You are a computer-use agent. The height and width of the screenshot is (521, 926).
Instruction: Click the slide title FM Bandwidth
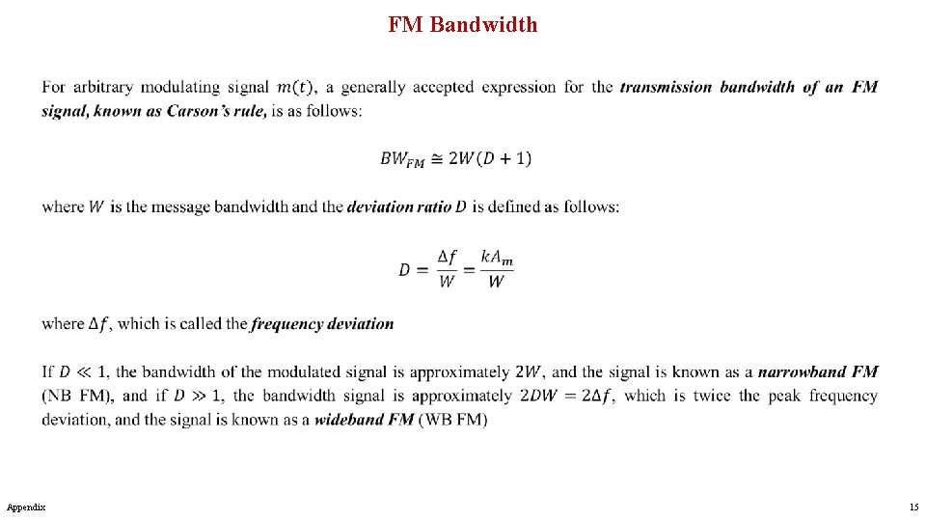pyautogui.click(x=463, y=25)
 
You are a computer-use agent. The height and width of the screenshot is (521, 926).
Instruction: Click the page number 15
pyautogui.click(x=912, y=507)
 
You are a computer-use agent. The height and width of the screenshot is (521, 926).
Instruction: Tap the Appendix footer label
pyautogui.click(x=25, y=507)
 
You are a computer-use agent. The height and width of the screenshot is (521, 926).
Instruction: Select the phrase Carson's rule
pyautogui.click(x=206, y=111)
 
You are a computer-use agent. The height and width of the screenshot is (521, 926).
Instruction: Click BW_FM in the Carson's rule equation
pyautogui.click(x=402, y=160)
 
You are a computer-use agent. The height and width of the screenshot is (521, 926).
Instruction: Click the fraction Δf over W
pyautogui.click(x=447, y=269)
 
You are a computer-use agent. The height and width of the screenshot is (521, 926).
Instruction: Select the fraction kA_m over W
pyautogui.click(x=496, y=269)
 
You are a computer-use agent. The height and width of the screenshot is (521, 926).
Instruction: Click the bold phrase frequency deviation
pyautogui.click(x=322, y=324)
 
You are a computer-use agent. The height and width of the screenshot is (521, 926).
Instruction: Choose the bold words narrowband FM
pyautogui.click(x=818, y=371)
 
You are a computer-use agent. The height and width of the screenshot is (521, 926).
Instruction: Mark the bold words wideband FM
pyautogui.click(x=364, y=420)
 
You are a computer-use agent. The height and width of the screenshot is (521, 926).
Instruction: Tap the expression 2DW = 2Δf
pyautogui.click(x=569, y=396)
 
